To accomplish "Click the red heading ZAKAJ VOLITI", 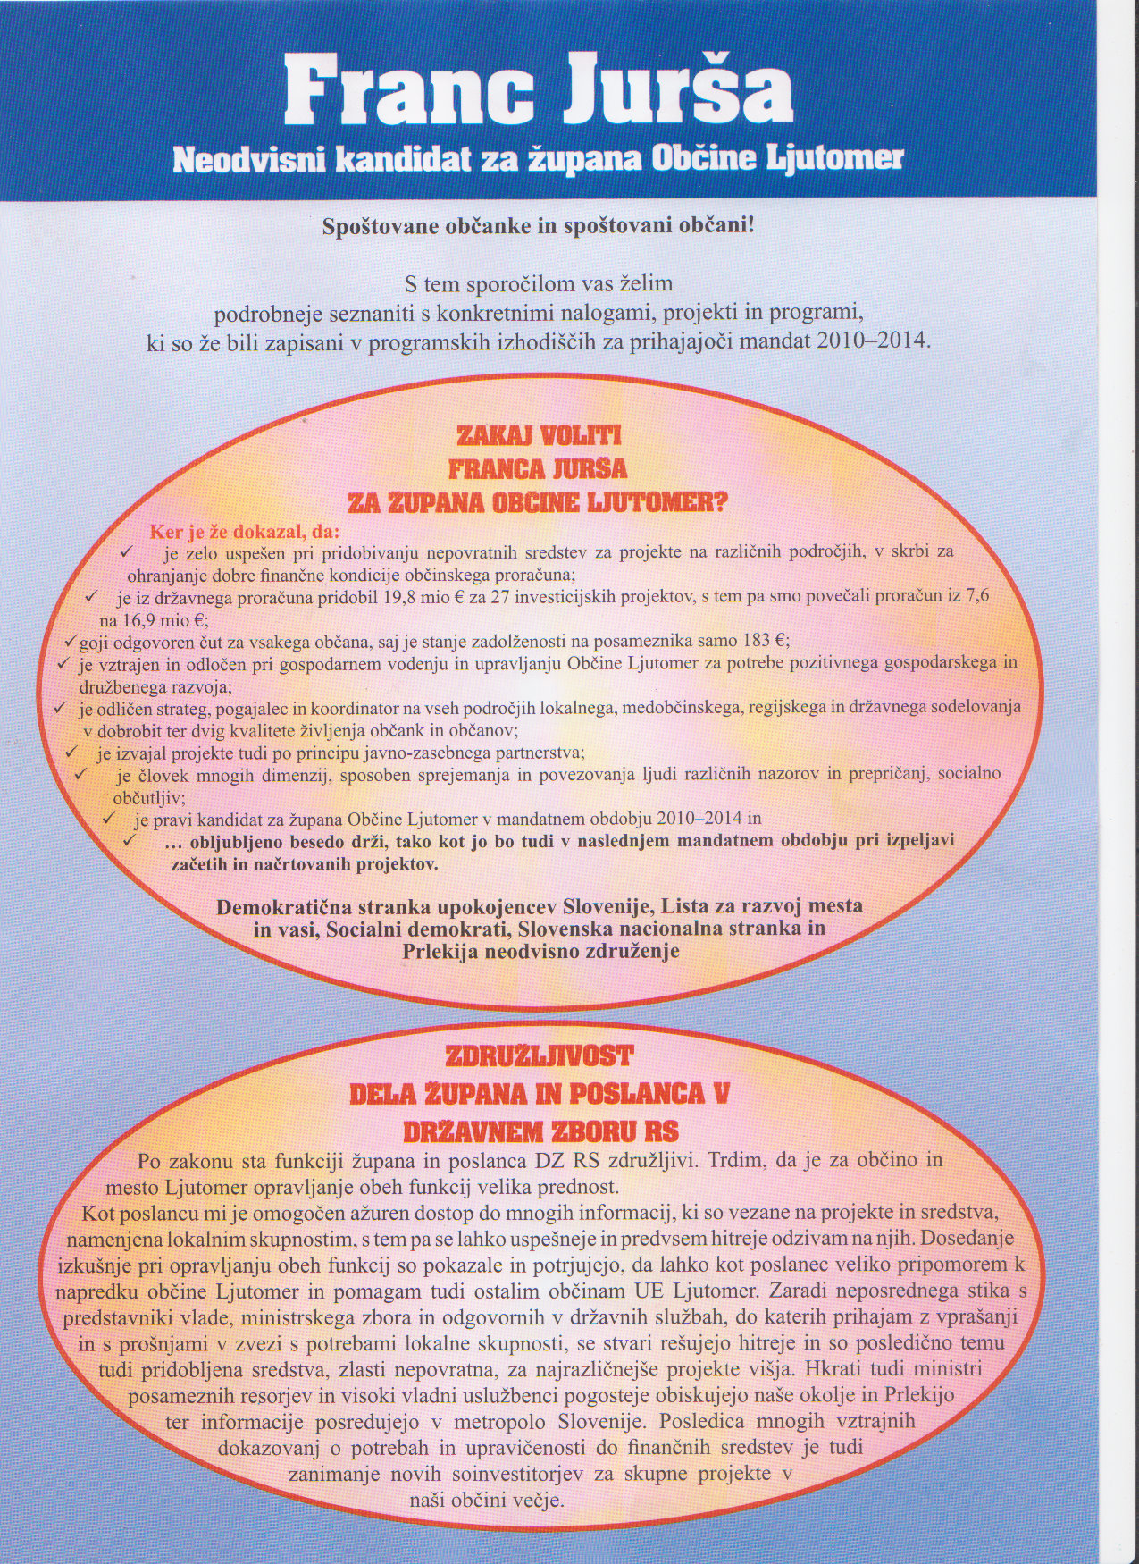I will click(539, 438).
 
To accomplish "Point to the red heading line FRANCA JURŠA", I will click(538, 469).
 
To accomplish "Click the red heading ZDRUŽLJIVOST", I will click(540, 1056).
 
